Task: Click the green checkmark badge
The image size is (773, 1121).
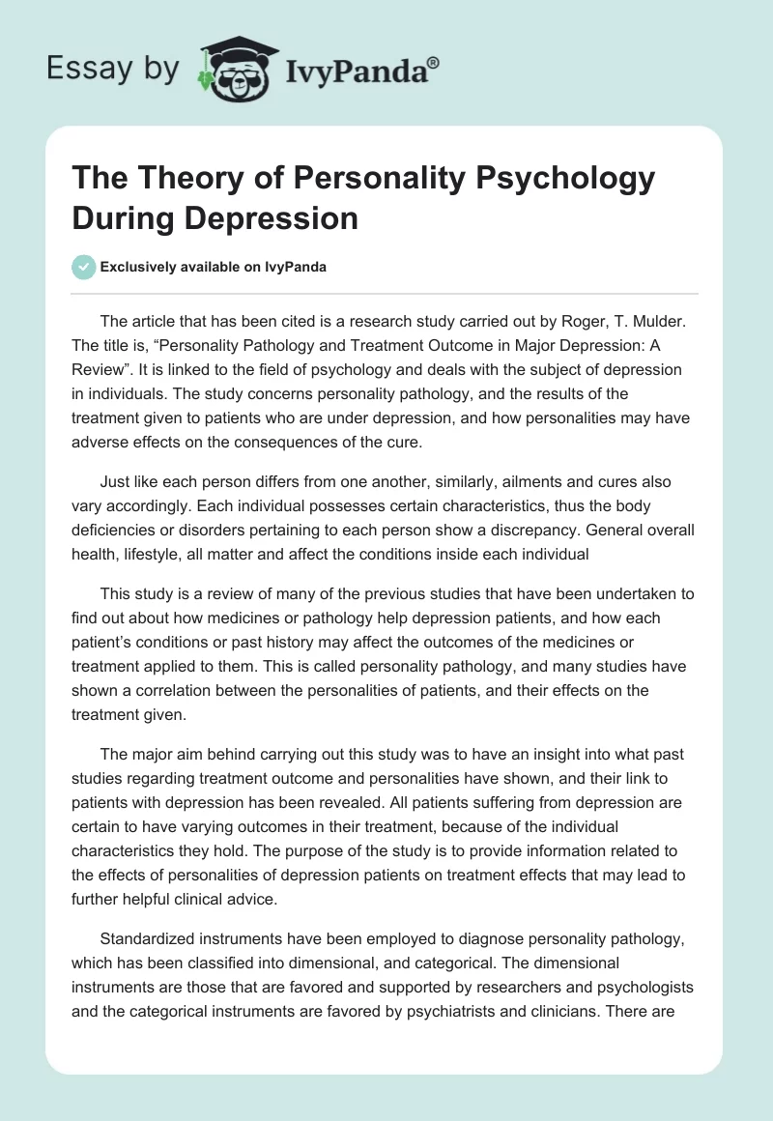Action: coord(84,267)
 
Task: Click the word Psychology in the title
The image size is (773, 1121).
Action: coord(562,180)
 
